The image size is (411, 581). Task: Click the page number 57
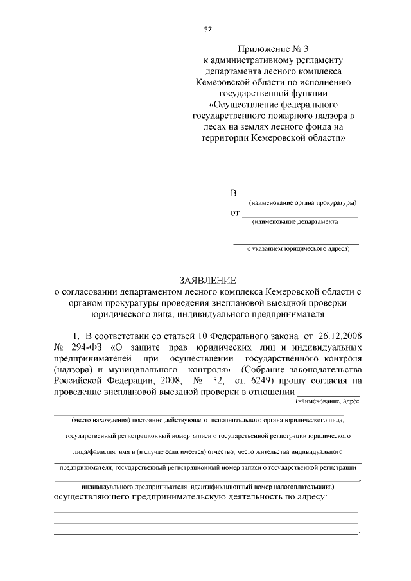(207, 29)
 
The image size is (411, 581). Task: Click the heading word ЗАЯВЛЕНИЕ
(207, 280)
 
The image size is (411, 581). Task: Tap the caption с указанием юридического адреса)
(298, 249)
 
